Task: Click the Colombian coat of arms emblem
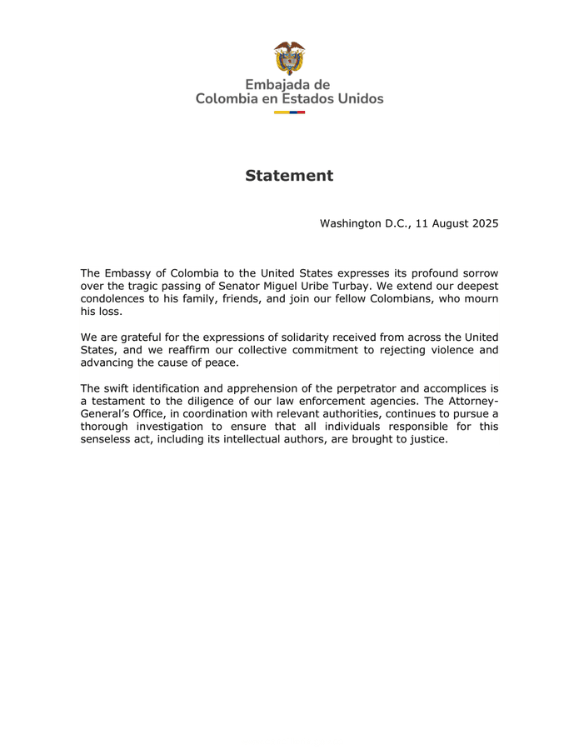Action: [x=289, y=58]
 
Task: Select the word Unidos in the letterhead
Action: [x=355, y=99]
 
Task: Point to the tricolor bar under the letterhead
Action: [x=289, y=112]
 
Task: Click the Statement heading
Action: [x=289, y=176]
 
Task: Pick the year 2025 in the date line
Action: [x=482, y=224]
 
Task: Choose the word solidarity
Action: [x=303, y=337]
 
